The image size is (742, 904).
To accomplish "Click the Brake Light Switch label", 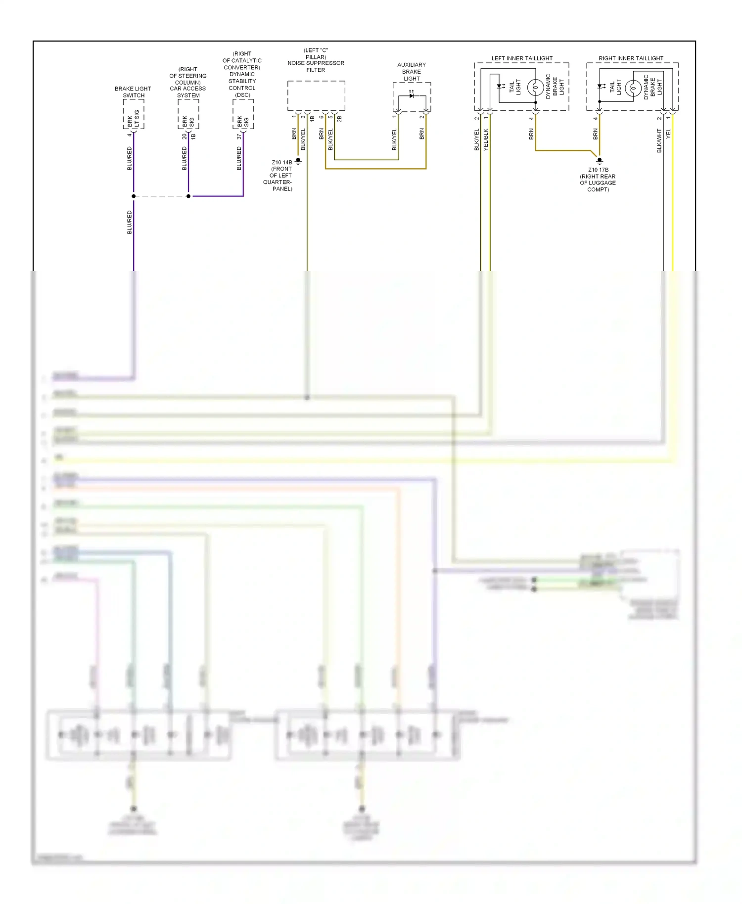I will [x=133, y=92].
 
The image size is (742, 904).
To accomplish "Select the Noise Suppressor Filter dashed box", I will [x=316, y=96].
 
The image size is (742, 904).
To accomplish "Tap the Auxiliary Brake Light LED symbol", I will [x=411, y=95].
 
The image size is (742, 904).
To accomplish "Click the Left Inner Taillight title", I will [x=522, y=58].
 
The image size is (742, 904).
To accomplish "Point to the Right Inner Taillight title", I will [x=631, y=58].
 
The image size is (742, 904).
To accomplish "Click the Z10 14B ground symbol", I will [x=298, y=161].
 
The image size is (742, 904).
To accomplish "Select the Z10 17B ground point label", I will [x=598, y=180].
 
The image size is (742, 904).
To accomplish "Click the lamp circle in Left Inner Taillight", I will [x=535, y=88].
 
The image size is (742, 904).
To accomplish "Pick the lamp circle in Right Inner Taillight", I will [x=633, y=88].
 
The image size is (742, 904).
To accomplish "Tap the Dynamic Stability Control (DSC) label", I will [x=242, y=74].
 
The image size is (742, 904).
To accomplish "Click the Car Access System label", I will [x=188, y=82].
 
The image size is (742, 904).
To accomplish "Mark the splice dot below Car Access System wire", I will [x=188, y=196].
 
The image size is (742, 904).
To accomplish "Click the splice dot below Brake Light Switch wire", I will [x=134, y=196].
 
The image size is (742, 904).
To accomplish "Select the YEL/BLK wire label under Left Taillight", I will [x=486, y=139].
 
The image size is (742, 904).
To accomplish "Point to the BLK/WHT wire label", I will [x=659, y=140].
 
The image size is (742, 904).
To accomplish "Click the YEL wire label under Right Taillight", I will [x=668, y=133].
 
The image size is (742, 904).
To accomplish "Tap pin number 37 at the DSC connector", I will [x=239, y=136].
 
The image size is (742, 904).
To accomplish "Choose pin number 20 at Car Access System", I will [x=184, y=136].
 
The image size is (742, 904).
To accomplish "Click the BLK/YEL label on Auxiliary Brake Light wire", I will [x=394, y=139].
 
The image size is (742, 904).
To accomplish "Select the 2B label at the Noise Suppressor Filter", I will [x=339, y=119].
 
